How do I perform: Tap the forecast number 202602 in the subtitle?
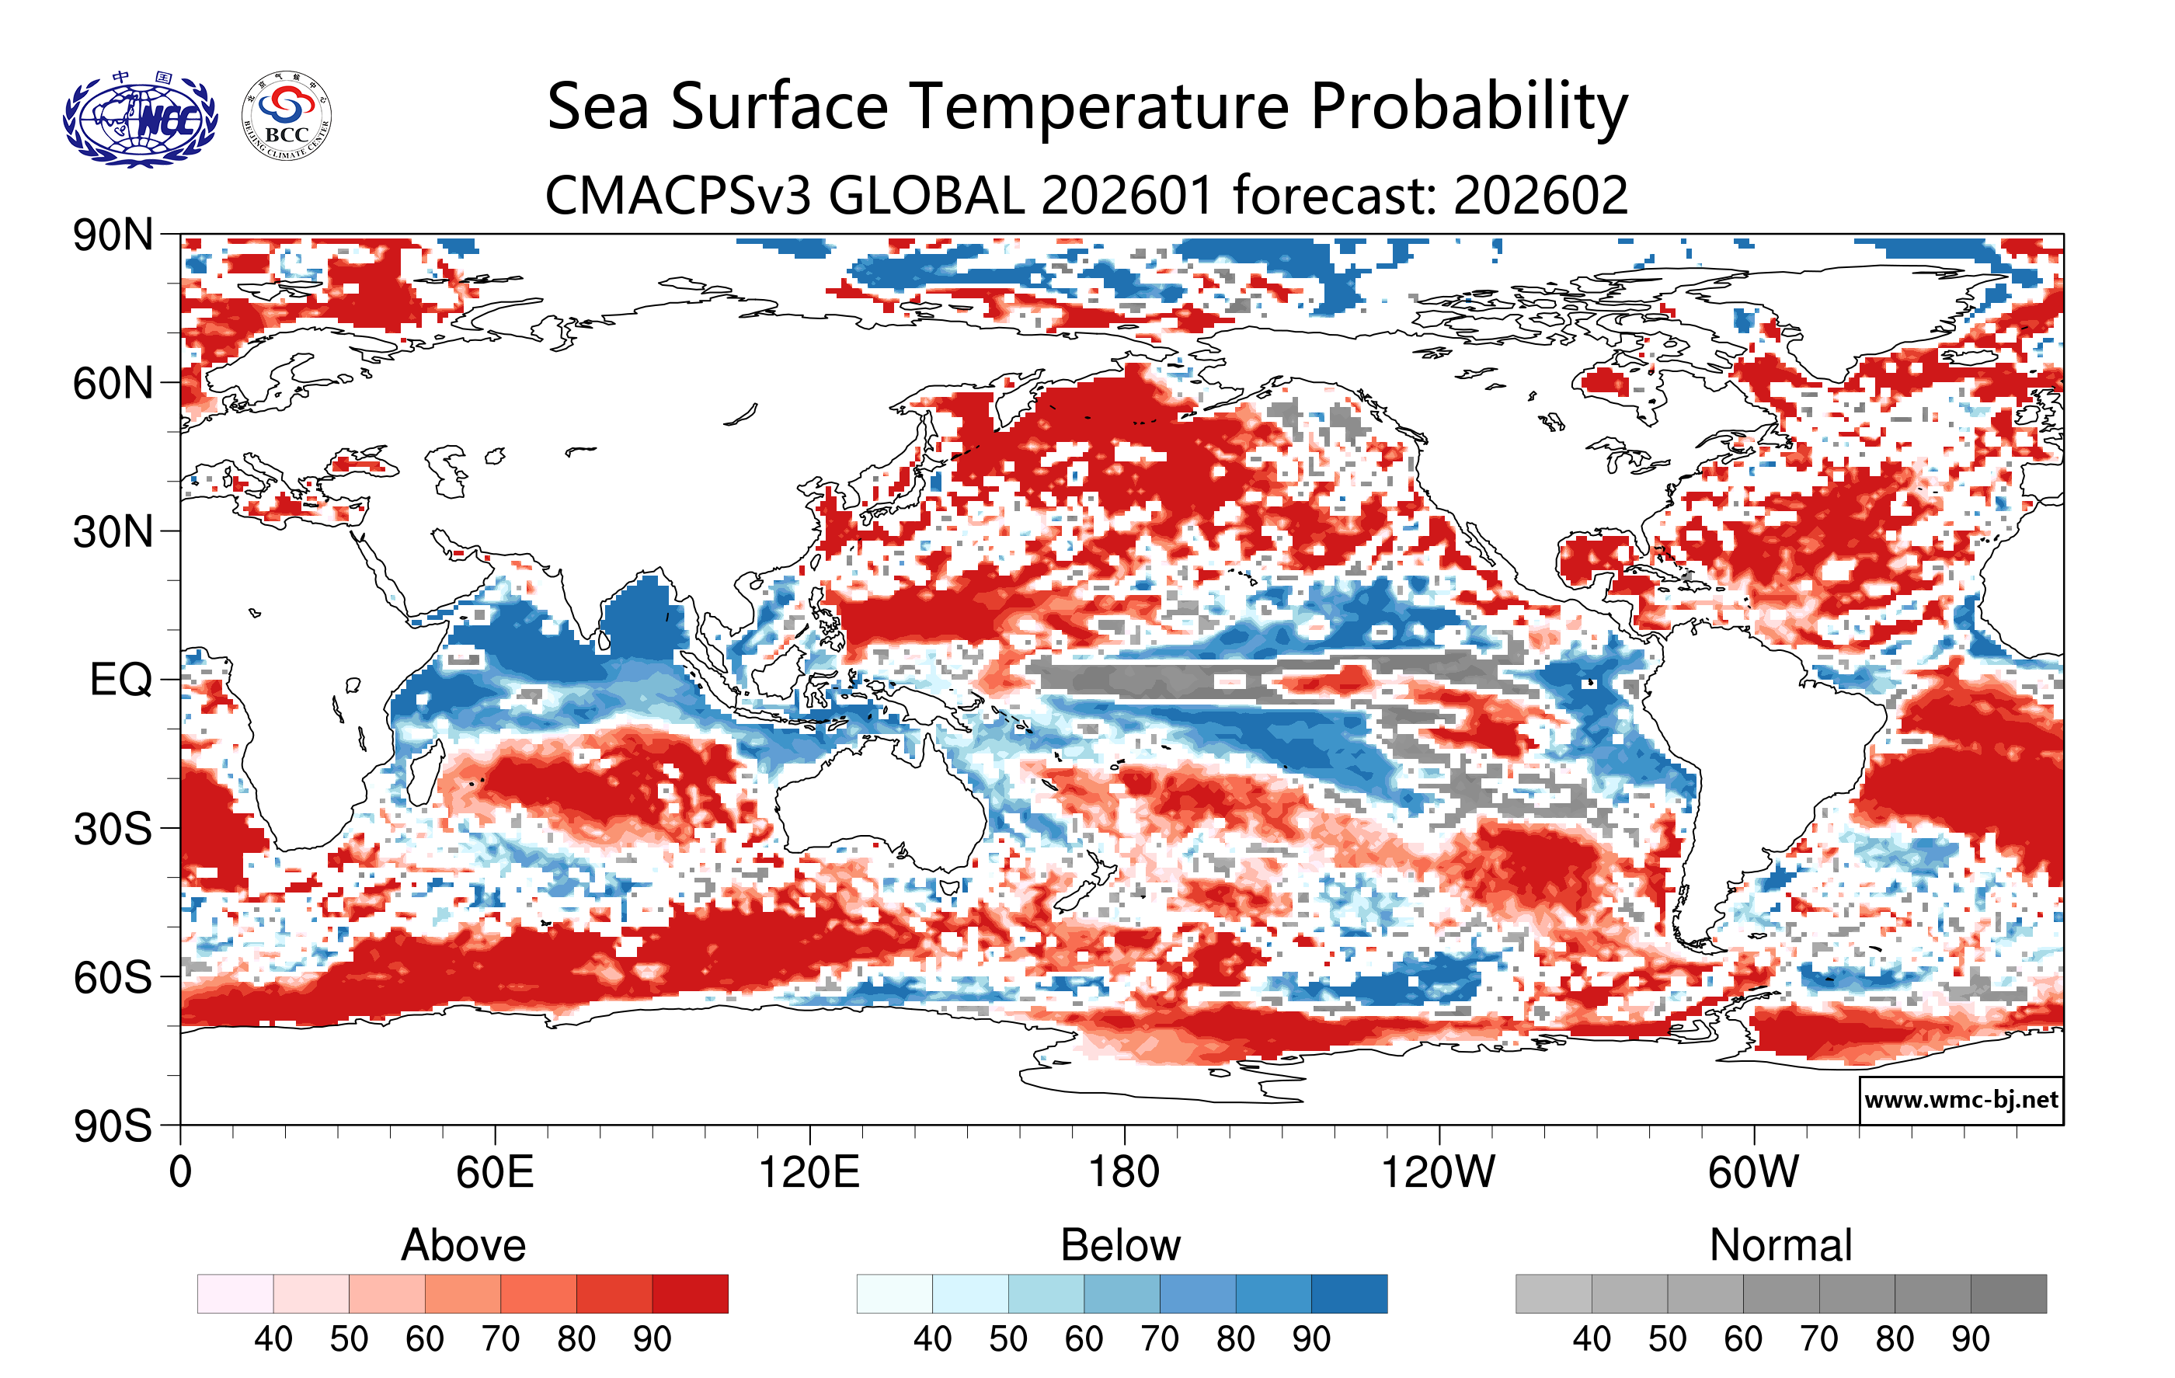pos(1540,195)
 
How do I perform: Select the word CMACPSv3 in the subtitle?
pos(677,195)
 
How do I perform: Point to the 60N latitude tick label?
pos(113,384)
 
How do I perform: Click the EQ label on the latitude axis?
pos(121,680)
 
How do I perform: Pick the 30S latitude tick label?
pos(113,829)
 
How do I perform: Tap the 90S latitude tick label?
pos(113,1126)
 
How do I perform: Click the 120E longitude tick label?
pos(809,1173)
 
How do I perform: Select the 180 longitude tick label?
pos(1124,1173)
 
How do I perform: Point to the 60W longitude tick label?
pos(1753,1173)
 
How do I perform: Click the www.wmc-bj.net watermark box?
pos(1961,1100)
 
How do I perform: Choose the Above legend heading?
pos(464,1245)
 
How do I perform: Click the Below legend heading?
pos(1121,1245)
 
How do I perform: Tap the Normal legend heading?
pos(1780,1245)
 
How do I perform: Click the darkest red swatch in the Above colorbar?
pos(690,1293)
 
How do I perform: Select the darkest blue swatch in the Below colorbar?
pos(1348,1293)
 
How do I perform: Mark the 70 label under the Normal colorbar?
pos(1818,1338)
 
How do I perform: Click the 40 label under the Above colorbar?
pos(273,1338)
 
